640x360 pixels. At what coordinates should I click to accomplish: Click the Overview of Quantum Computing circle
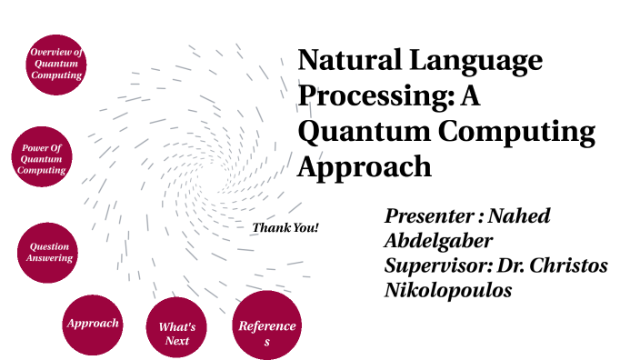[57, 63]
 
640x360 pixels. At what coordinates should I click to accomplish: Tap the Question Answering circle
[49, 252]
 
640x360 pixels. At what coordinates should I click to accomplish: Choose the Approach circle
[92, 324]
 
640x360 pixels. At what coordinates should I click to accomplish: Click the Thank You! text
[285, 226]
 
